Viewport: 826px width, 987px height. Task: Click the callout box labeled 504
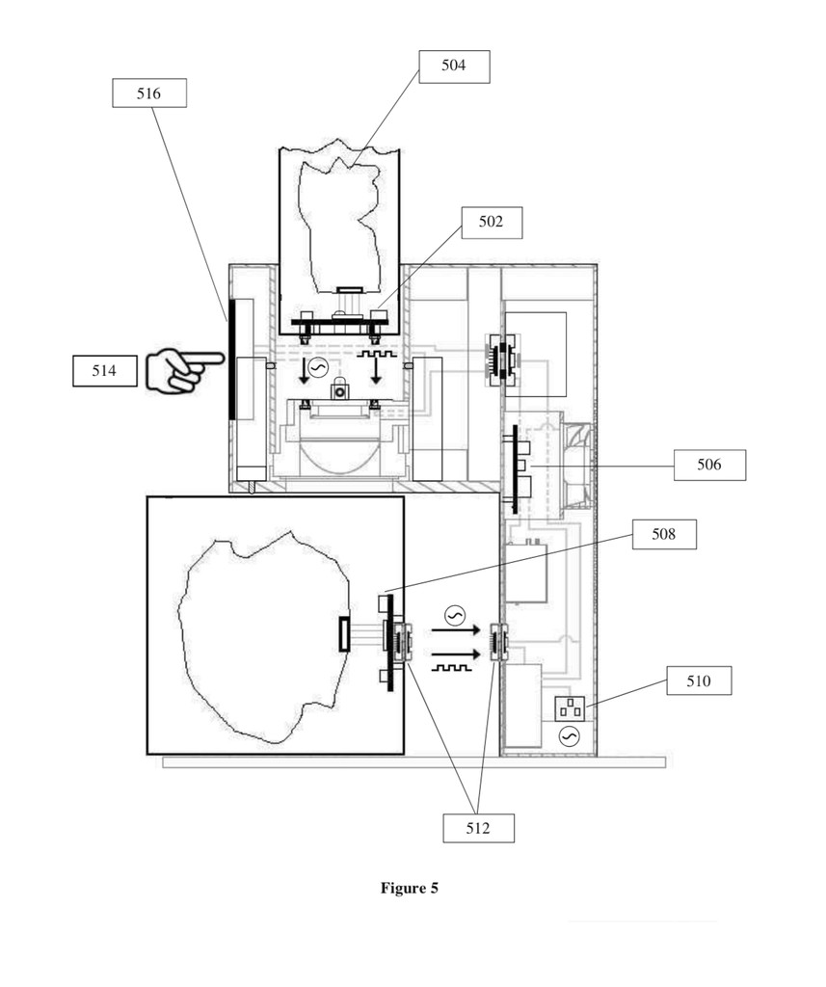pos(454,67)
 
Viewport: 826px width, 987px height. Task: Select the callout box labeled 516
pos(149,93)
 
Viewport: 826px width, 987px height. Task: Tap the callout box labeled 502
pos(492,223)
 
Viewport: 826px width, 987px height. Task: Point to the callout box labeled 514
pos(104,371)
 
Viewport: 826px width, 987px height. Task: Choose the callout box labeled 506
pos(709,466)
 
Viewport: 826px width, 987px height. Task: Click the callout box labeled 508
pos(664,534)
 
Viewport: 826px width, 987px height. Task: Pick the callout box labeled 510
pos(699,681)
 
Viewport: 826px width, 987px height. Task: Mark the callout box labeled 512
pos(478,828)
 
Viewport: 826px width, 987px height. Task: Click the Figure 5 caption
pos(410,888)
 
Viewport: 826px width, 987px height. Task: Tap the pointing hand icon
pos(182,369)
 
